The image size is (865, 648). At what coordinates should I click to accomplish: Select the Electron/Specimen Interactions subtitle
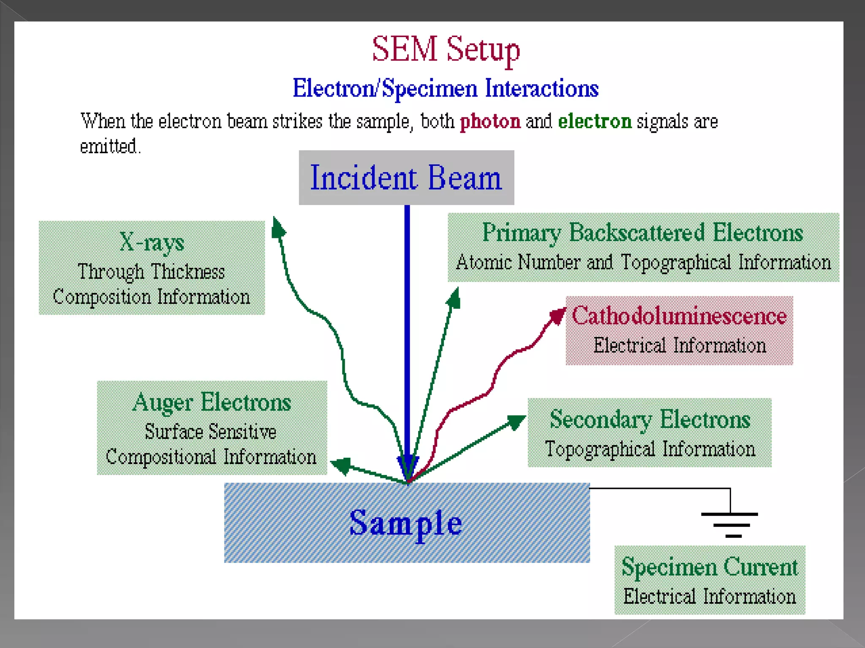pos(446,89)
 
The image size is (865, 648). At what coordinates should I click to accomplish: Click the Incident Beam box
pos(406,178)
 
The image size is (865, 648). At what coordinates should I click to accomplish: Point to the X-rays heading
pos(152,243)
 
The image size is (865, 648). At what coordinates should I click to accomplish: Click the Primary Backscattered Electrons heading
pos(642,233)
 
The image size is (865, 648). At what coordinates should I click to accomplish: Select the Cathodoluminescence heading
pos(679,316)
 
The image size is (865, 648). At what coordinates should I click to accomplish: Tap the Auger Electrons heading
pos(212,402)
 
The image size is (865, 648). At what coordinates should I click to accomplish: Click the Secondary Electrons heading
pos(650,419)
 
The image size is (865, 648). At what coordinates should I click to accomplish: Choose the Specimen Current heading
pos(710,567)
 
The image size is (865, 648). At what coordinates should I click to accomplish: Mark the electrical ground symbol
pos(729,524)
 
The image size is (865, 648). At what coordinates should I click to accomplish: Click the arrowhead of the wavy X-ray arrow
pos(277,228)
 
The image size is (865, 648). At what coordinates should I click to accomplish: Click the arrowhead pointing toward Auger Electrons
pos(341,465)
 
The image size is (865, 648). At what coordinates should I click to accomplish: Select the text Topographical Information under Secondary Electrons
pos(650,449)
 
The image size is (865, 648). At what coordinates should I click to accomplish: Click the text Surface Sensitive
pos(210,432)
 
